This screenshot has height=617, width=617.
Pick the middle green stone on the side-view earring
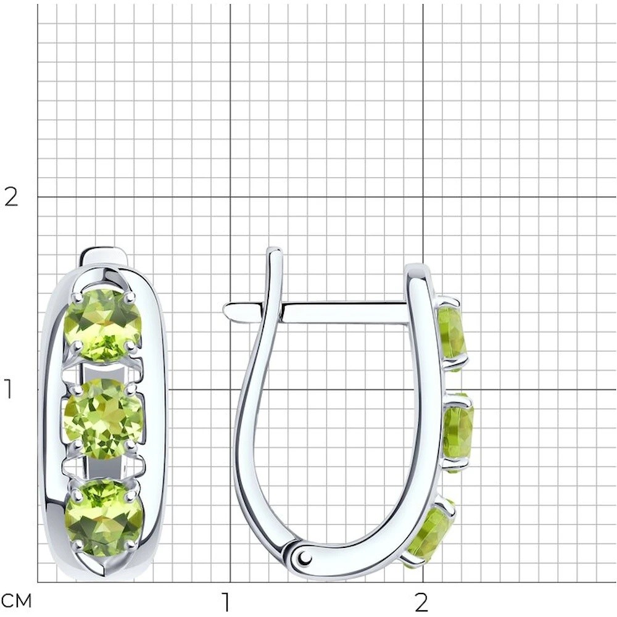459,433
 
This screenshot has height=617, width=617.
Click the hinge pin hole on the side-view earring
304,557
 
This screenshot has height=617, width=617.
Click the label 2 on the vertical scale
10,197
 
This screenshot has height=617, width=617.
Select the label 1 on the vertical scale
9,389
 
